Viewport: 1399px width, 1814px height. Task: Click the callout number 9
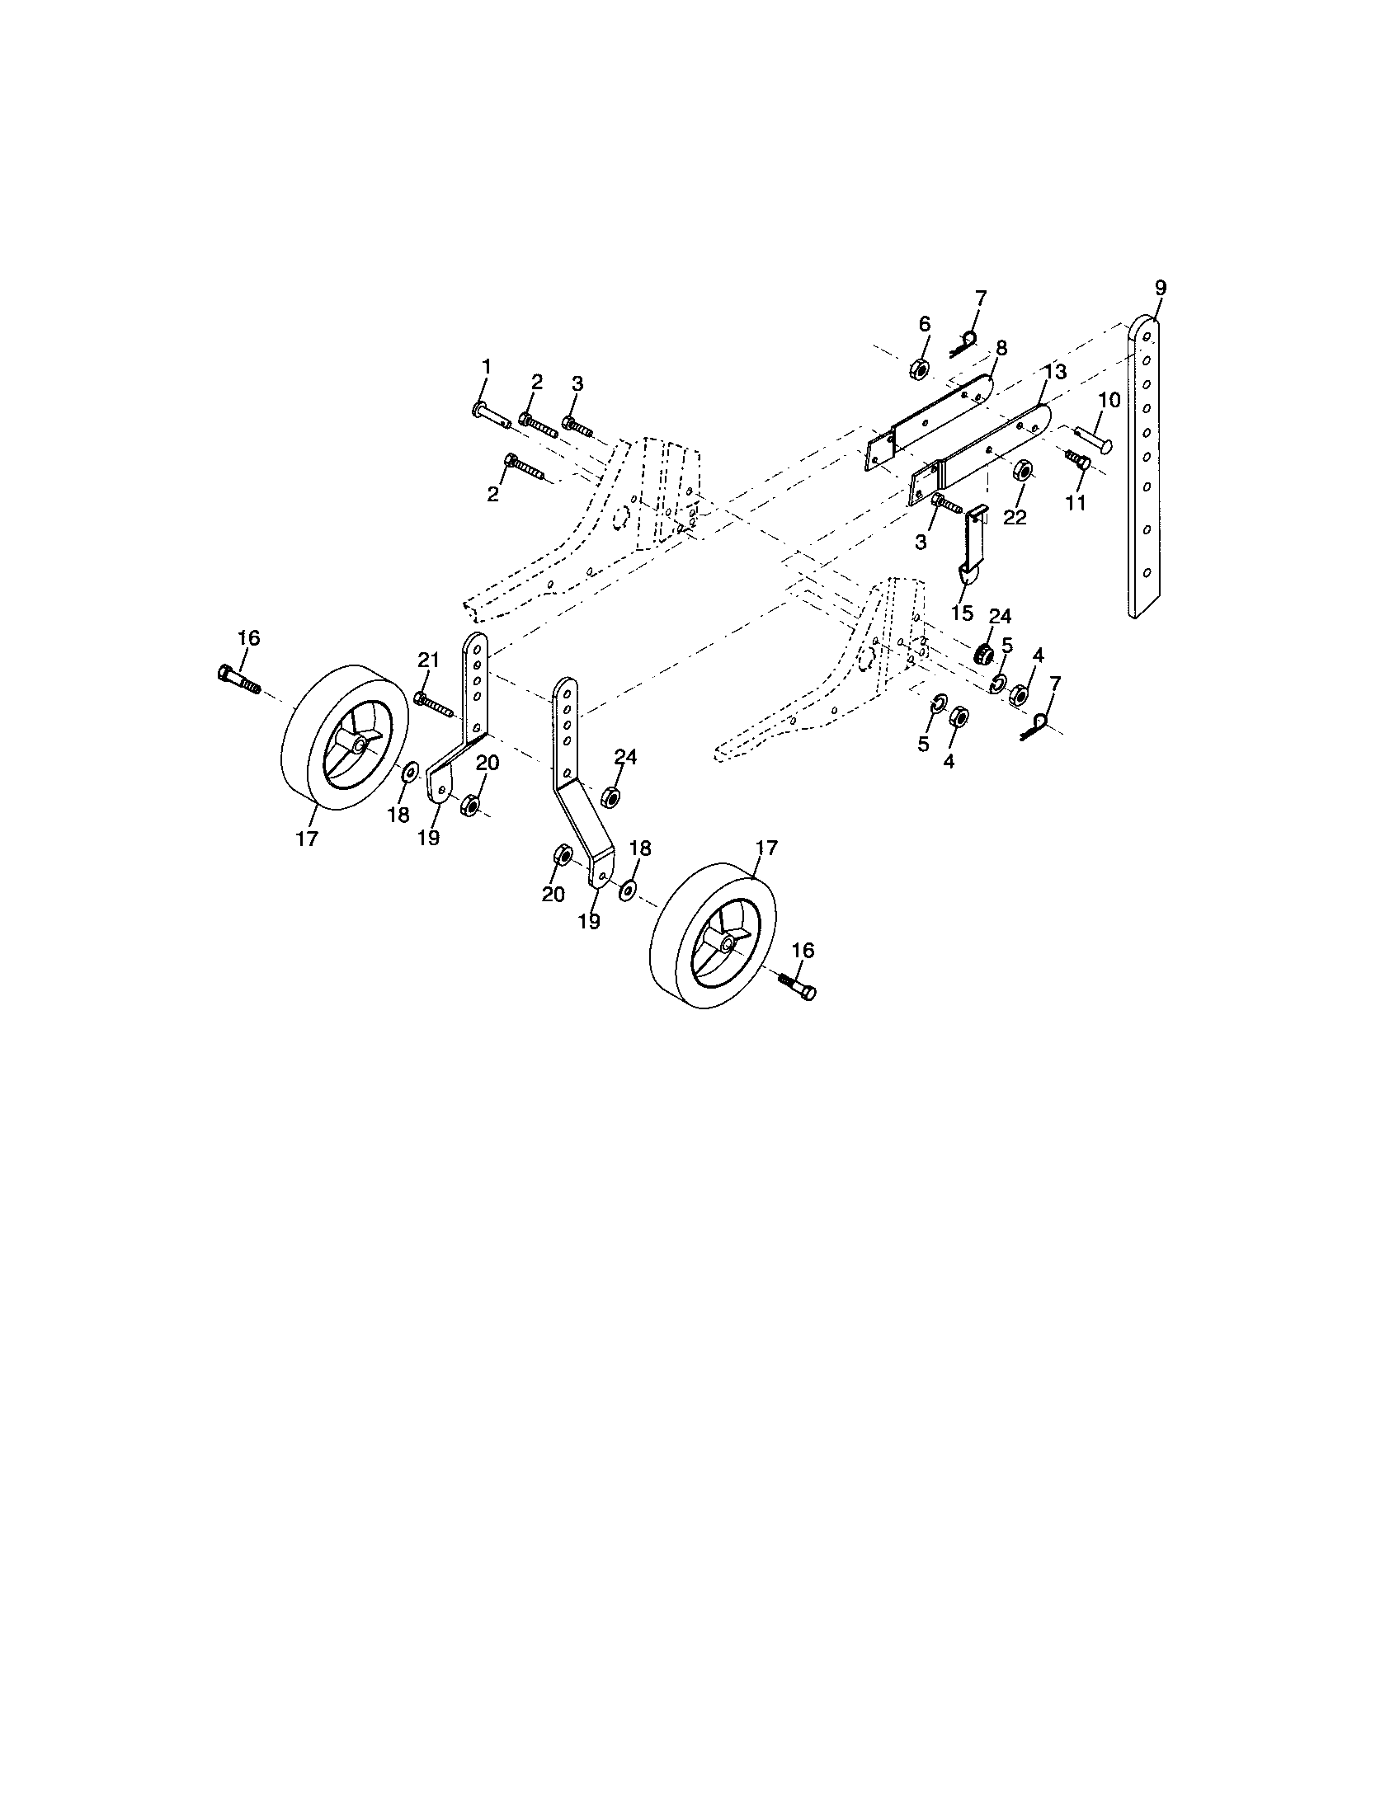(x=1161, y=289)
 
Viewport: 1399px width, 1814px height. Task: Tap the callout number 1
(x=487, y=365)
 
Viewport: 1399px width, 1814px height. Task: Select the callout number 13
(x=1055, y=372)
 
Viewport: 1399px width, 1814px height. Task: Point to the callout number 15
(x=962, y=613)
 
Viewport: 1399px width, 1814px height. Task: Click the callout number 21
(x=428, y=660)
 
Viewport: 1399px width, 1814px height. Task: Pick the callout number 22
(x=1015, y=517)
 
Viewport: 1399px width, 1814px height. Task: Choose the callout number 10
(x=1109, y=401)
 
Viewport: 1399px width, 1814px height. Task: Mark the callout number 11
(x=1076, y=502)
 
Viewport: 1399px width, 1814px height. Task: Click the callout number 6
(x=925, y=324)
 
